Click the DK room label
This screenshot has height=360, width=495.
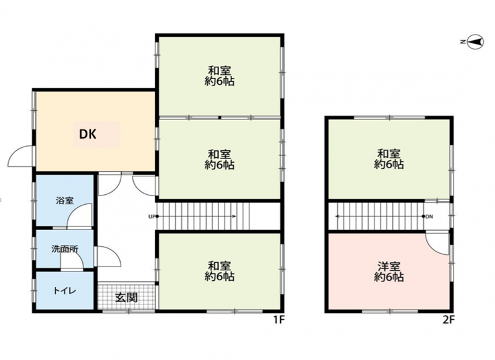pyautogui.click(x=87, y=134)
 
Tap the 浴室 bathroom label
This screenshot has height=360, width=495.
pyautogui.click(x=64, y=200)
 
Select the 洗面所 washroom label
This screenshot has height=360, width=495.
pyautogui.click(x=65, y=249)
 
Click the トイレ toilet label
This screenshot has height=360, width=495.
pyautogui.click(x=65, y=291)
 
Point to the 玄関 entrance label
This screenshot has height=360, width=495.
pyautogui.click(x=126, y=297)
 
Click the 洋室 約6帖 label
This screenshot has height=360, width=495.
pyautogui.click(x=389, y=272)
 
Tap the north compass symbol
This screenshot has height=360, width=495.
pyautogui.click(x=475, y=42)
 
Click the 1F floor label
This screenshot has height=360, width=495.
pyautogui.click(x=279, y=320)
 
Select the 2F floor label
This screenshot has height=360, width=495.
pyautogui.click(x=448, y=320)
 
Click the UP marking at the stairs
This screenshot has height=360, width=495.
pyautogui.click(x=152, y=216)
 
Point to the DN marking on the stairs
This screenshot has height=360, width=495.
pyautogui.click(x=429, y=216)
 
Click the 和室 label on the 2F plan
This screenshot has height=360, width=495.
pyautogui.click(x=389, y=153)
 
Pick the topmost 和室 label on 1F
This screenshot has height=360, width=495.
pyautogui.click(x=219, y=71)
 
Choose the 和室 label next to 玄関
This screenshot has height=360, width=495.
pyautogui.click(x=219, y=265)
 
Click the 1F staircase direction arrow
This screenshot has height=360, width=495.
pyautogui.click(x=196, y=216)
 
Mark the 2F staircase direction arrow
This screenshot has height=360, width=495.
pyautogui.click(x=380, y=216)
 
